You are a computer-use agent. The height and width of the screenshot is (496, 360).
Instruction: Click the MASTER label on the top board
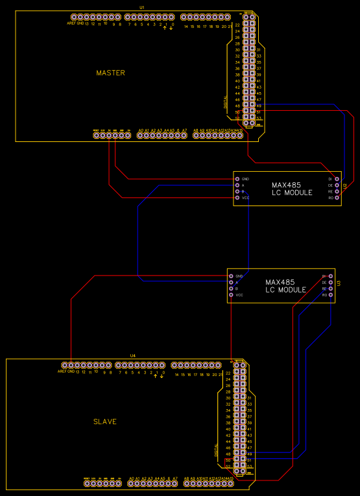(x=110, y=73)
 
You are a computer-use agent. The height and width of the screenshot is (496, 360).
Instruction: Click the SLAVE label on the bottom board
(x=105, y=421)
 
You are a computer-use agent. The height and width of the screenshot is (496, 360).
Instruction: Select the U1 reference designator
(x=142, y=6)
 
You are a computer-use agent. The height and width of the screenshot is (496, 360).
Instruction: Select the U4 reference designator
(x=133, y=355)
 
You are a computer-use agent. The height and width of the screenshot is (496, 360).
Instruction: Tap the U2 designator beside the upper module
(x=344, y=187)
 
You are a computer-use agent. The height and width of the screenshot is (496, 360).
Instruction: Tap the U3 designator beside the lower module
(x=339, y=284)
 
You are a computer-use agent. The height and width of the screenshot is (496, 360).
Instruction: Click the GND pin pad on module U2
(x=237, y=179)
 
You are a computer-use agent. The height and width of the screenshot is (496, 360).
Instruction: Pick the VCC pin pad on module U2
(x=237, y=198)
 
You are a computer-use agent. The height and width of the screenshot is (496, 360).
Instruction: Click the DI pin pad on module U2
(x=337, y=178)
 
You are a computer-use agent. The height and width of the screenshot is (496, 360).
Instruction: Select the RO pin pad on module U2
(x=337, y=198)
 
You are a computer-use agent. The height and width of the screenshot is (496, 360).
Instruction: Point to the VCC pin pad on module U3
(x=231, y=295)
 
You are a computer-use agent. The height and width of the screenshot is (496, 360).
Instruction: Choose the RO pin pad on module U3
(x=331, y=295)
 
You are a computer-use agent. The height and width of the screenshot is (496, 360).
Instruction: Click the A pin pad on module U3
(x=231, y=282)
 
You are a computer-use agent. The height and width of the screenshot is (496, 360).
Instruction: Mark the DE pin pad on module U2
(x=337, y=185)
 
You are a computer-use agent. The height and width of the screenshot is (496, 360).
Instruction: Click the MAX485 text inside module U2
(x=286, y=185)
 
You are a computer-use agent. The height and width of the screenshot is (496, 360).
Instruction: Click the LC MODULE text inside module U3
(x=285, y=290)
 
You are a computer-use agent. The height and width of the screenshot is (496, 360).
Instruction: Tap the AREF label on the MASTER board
(x=70, y=23)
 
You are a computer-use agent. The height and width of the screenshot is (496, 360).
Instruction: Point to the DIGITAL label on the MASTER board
(x=226, y=102)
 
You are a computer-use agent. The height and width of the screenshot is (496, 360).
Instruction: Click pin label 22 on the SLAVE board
(x=228, y=373)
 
